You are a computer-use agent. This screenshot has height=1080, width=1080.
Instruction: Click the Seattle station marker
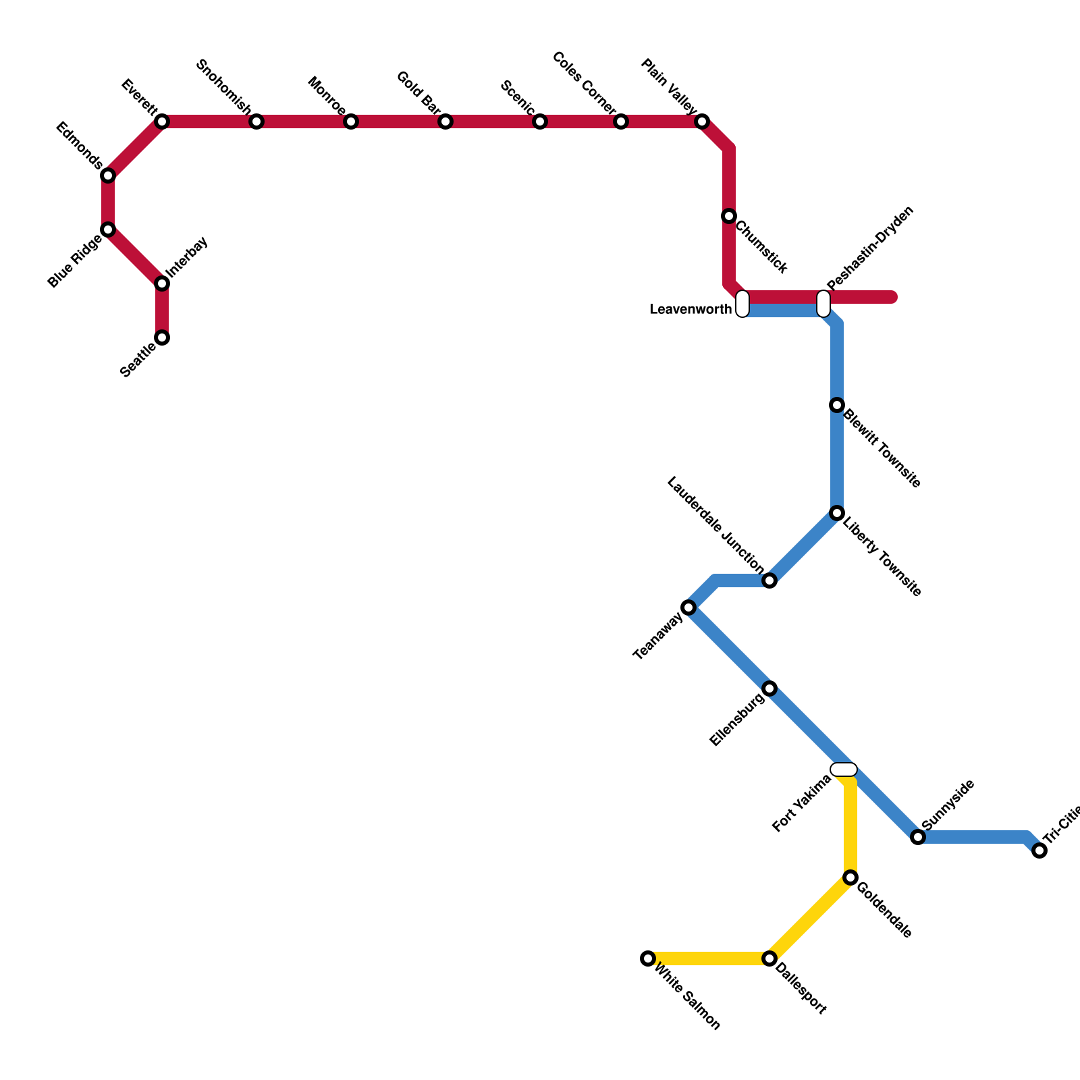click(162, 337)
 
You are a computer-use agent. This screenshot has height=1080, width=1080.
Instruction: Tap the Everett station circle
click(162, 122)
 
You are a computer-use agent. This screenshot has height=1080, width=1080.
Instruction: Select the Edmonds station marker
click(108, 175)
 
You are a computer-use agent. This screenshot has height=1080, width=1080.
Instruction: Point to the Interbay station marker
click(162, 283)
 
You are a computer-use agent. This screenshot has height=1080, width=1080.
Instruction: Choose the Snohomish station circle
click(256, 122)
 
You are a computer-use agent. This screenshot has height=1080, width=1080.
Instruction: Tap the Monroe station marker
click(351, 122)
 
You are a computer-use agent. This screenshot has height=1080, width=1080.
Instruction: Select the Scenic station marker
click(540, 122)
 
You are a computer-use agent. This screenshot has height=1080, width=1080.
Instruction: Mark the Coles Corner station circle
click(621, 122)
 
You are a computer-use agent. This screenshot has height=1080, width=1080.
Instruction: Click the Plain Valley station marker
click(702, 122)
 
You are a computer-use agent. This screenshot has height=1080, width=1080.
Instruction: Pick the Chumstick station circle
click(729, 216)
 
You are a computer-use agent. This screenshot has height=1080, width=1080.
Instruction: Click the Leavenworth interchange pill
click(742, 304)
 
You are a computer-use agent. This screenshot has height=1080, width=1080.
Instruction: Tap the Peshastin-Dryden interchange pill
click(823, 304)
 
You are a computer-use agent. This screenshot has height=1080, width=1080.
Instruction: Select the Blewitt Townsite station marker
click(837, 405)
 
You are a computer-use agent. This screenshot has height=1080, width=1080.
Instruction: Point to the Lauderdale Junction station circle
click(769, 580)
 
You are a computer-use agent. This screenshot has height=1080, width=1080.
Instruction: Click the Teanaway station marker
click(688, 607)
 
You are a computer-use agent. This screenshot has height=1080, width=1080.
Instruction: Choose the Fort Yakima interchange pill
click(844, 769)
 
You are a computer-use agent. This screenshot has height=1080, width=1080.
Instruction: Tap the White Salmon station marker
click(648, 959)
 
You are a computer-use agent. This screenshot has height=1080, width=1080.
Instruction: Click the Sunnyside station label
click(948, 805)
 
